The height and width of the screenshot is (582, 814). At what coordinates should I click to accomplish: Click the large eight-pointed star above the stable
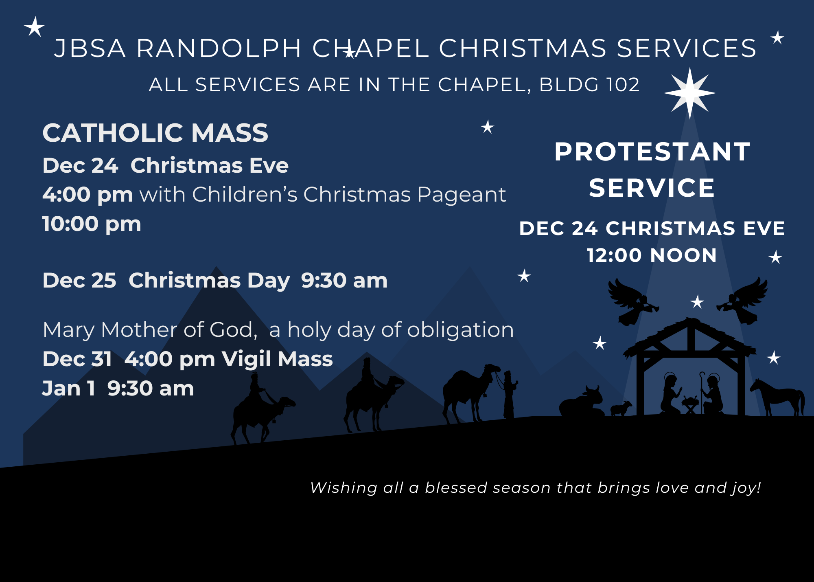[689, 93]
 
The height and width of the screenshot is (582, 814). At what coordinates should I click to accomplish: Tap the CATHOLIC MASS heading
[155, 133]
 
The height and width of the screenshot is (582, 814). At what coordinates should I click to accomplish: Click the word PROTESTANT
[652, 152]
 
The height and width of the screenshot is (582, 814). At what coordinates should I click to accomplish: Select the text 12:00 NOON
[652, 255]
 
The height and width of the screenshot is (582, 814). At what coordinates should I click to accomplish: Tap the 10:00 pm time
[92, 224]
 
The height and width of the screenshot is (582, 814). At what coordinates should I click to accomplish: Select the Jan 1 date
[68, 388]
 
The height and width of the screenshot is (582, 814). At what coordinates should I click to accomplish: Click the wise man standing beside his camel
[509, 394]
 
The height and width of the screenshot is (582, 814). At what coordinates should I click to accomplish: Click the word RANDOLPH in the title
[219, 48]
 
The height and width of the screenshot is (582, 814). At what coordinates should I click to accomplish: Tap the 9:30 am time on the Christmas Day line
[344, 281]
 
